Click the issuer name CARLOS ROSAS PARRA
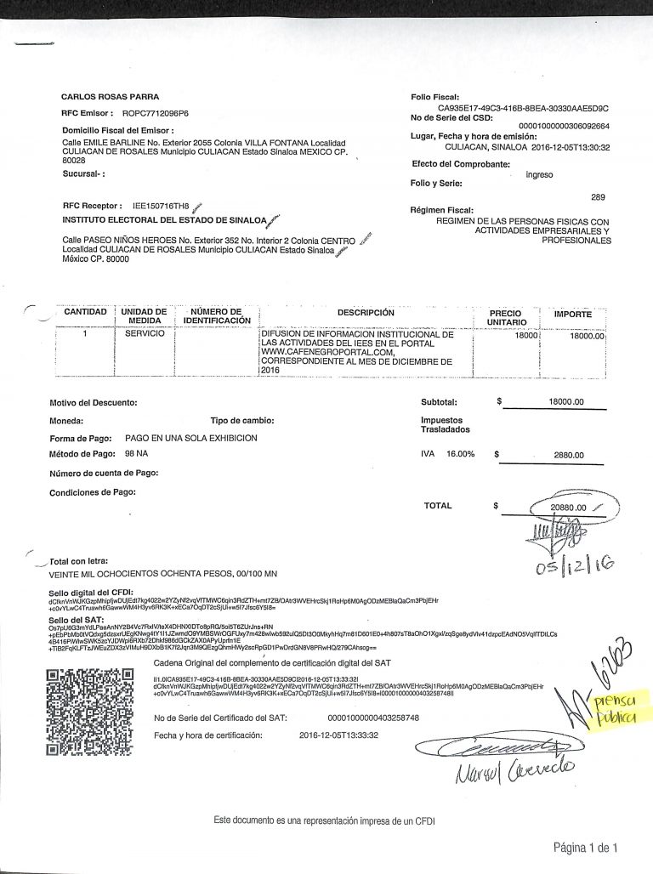click(x=110, y=97)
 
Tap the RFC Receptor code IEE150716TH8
click(x=162, y=206)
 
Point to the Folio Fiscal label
click(x=434, y=98)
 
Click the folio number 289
click(x=598, y=197)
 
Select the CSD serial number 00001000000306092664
click(x=564, y=126)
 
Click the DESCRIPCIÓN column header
click(x=366, y=313)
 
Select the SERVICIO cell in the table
click(x=145, y=336)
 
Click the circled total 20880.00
click(x=569, y=508)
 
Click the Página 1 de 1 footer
click(x=585, y=848)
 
